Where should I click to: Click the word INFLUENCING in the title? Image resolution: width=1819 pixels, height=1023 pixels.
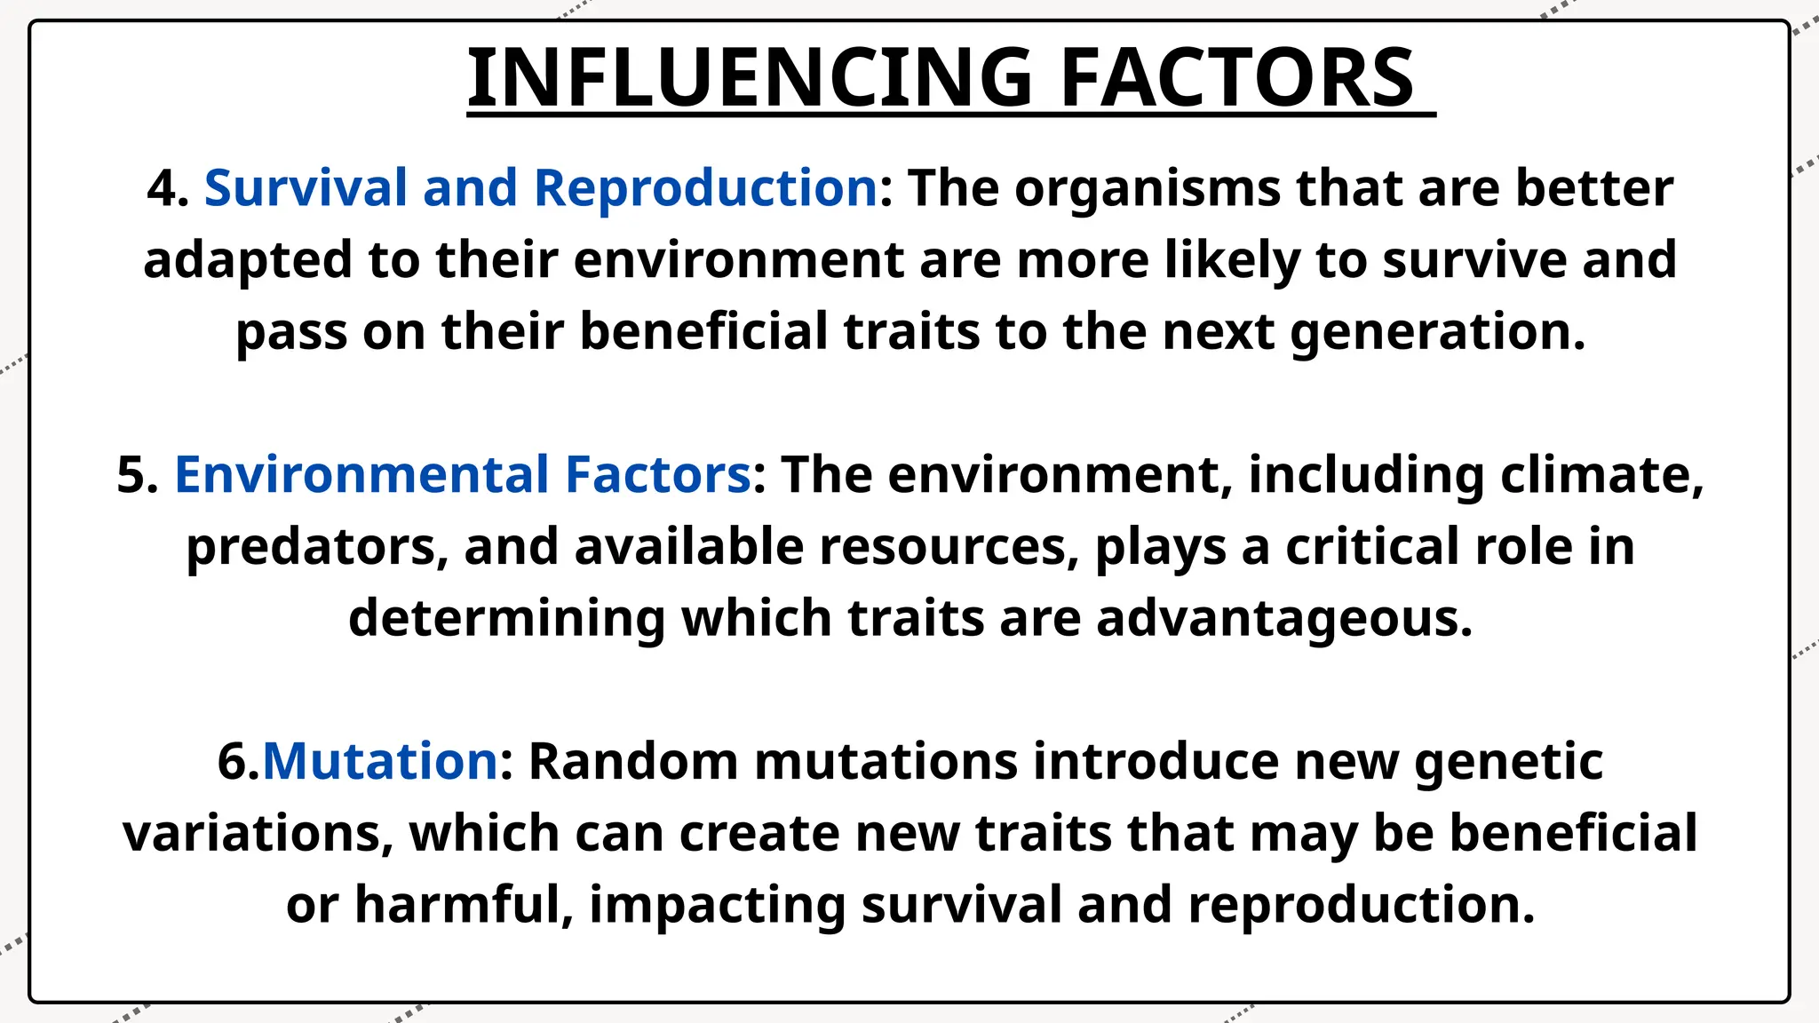tap(749, 78)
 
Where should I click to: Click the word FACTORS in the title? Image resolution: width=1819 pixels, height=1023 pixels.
tap(1236, 78)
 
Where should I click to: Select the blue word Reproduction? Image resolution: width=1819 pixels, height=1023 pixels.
tap(705, 188)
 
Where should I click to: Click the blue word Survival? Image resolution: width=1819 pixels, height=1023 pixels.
tap(306, 188)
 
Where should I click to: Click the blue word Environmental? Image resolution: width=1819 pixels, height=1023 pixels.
tap(361, 475)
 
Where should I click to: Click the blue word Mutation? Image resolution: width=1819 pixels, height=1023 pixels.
tap(380, 762)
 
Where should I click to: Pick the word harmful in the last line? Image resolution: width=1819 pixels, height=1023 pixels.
tap(463, 905)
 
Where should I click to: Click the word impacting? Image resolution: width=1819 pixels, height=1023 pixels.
tap(717, 907)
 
